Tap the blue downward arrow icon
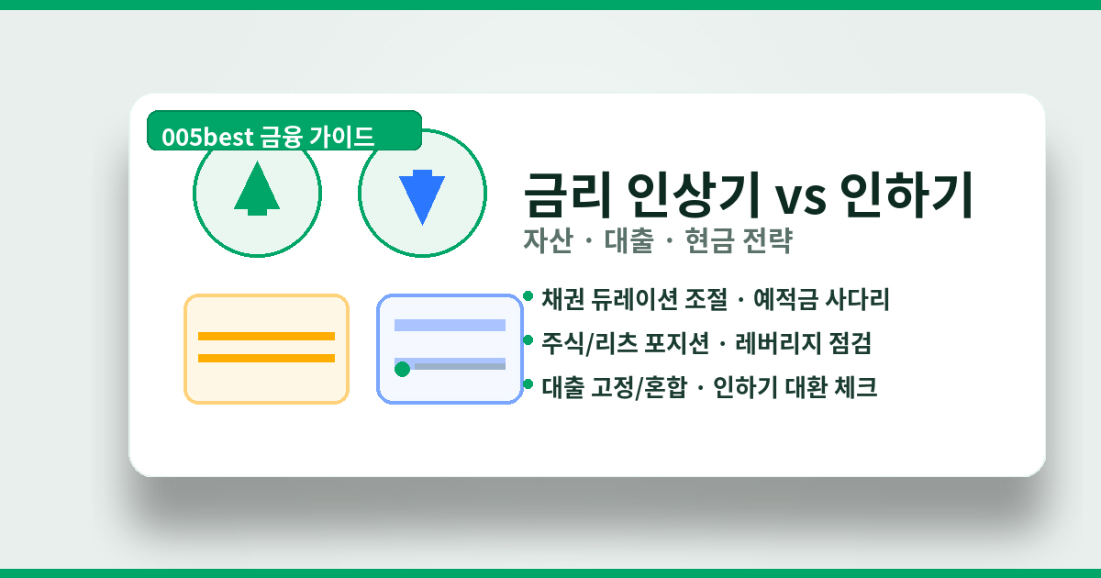pyautogui.click(x=422, y=195)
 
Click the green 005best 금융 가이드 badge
pyautogui.click(x=284, y=134)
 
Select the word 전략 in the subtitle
pyautogui.click(x=768, y=241)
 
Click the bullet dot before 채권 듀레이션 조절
pyautogui.click(x=528, y=296)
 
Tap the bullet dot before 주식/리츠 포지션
pyautogui.click(x=528, y=340)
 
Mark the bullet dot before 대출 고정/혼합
pyautogui.click(x=528, y=384)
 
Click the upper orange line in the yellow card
pyautogui.click(x=266, y=336)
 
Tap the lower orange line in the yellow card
pyautogui.click(x=266, y=358)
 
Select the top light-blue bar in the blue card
pyautogui.click(x=450, y=325)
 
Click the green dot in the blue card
pyautogui.click(x=402, y=369)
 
